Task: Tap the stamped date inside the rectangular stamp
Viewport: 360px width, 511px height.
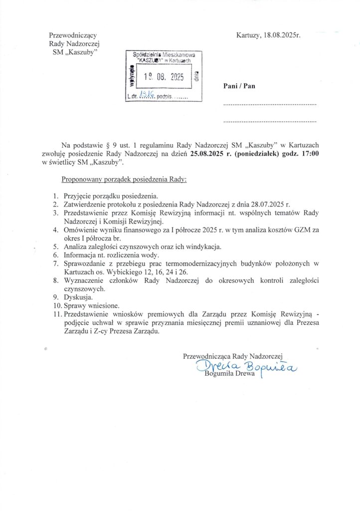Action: click(x=164, y=77)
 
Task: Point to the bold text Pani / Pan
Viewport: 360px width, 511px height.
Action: click(x=239, y=86)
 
